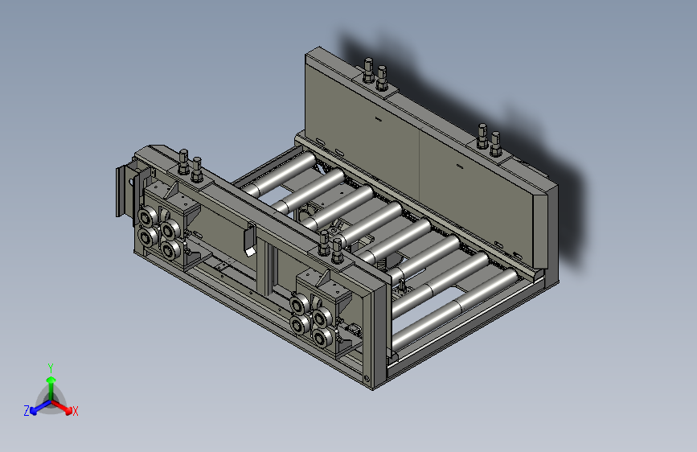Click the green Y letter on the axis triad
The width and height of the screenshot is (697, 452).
tap(51, 368)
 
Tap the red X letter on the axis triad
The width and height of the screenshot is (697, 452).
tap(75, 411)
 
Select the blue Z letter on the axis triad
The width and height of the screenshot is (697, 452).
tap(27, 411)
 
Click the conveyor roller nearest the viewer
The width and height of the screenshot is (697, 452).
tap(456, 308)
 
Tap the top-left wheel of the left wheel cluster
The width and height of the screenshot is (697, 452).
tap(146, 217)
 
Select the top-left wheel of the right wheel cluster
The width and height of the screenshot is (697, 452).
tap(299, 304)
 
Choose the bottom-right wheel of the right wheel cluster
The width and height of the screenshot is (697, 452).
tap(322, 338)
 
